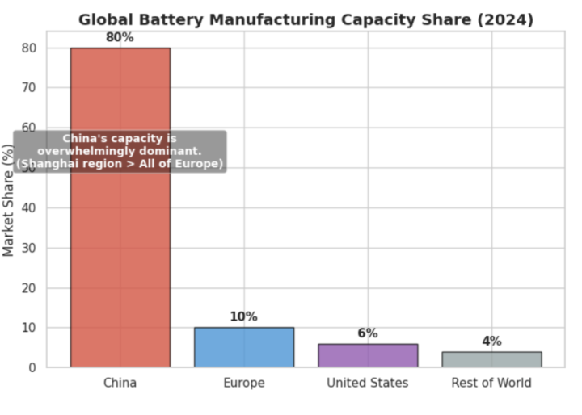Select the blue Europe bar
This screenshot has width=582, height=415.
(243, 347)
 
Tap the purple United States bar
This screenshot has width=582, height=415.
(368, 355)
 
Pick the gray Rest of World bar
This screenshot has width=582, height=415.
(491, 359)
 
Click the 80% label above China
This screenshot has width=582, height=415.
(120, 37)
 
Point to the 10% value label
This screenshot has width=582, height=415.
(243, 316)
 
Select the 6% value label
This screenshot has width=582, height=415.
(368, 333)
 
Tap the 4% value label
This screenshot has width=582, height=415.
(491, 341)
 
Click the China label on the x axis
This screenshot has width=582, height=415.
(120, 383)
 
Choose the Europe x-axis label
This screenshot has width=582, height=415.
(243, 383)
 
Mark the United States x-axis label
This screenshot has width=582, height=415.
(368, 383)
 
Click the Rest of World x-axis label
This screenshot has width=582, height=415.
(491, 383)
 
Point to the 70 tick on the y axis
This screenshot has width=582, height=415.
(29, 87)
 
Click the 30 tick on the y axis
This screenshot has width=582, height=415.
(29, 248)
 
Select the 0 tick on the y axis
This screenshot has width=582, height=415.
(33, 367)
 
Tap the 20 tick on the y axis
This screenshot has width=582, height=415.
(29, 287)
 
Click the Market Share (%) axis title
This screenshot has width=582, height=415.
(9, 199)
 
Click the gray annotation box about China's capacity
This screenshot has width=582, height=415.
(120, 151)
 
